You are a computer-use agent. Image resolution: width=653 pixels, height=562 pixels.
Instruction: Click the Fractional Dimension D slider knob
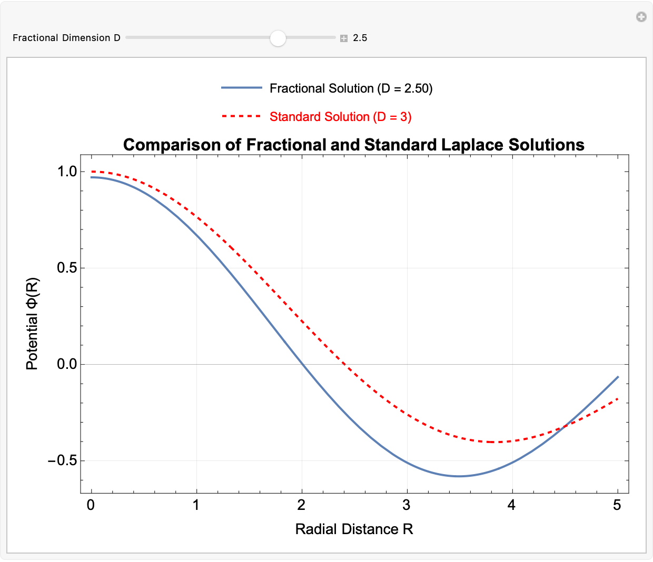(x=278, y=38)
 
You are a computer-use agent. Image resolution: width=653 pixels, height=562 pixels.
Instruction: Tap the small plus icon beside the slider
(x=344, y=38)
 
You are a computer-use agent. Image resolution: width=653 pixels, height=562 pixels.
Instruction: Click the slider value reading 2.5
(x=360, y=38)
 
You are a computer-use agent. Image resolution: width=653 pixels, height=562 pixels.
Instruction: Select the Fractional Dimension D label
(x=66, y=38)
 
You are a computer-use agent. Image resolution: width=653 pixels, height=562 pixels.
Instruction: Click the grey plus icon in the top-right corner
(x=641, y=17)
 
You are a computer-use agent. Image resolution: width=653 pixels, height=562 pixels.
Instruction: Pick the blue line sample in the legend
(x=241, y=88)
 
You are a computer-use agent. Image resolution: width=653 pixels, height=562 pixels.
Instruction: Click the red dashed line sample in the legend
(x=241, y=116)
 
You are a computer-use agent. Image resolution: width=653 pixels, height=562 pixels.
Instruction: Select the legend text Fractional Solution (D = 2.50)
(x=351, y=88)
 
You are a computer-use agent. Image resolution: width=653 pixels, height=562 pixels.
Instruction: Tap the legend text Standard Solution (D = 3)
(x=340, y=117)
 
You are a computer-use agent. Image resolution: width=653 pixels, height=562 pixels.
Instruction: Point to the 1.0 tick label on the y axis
(x=67, y=172)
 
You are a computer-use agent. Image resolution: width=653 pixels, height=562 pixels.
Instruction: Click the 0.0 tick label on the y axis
(x=67, y=364)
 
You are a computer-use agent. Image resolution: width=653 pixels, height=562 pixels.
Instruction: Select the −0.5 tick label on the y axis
(x=62, y=461)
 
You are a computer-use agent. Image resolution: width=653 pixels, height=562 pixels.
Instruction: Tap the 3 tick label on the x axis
(x=407, y=506)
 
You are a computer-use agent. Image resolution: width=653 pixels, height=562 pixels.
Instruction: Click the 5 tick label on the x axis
(x=617, y=506)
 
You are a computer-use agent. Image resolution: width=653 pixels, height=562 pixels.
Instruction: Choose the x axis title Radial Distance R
(x=354, y=529)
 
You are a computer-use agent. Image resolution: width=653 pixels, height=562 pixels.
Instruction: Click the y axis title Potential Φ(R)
(x=32, y=324)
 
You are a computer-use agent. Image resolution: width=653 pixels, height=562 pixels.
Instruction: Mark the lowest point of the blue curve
(x=459, y=476)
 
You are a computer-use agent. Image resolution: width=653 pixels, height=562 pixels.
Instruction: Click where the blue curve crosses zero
(x=302, y=364)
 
